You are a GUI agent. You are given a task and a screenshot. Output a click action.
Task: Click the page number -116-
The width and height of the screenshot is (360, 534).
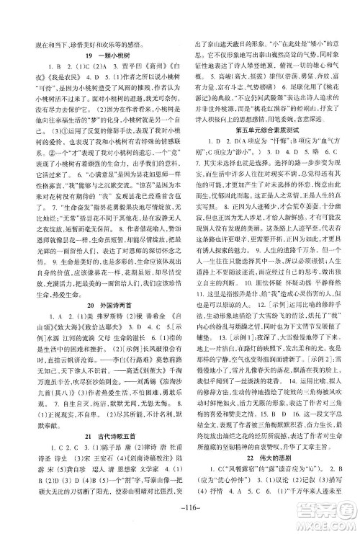179,509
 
